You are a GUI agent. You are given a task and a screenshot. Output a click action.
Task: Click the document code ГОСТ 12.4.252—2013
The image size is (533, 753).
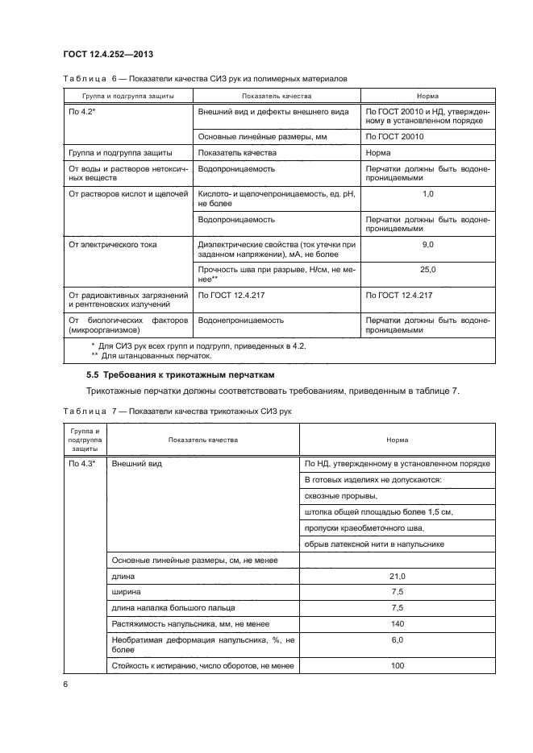pos(107,54)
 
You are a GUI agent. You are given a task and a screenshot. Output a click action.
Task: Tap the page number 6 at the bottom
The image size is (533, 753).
pos(65,683)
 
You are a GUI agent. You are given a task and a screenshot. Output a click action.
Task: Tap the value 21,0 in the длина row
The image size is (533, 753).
pos(397,577)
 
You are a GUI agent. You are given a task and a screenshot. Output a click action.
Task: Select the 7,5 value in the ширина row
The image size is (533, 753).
pos(397,592)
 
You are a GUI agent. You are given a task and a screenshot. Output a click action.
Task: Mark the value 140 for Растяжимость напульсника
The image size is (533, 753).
pos(397,623)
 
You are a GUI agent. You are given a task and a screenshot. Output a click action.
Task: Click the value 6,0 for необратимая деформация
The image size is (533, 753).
pos(397,639)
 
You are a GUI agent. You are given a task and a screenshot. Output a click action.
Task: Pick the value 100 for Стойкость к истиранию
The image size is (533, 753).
pos(397,665)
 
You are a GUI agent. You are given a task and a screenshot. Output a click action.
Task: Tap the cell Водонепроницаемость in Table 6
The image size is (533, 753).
pos(240,320)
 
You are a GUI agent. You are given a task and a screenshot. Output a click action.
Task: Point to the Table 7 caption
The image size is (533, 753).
pos(177,412)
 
